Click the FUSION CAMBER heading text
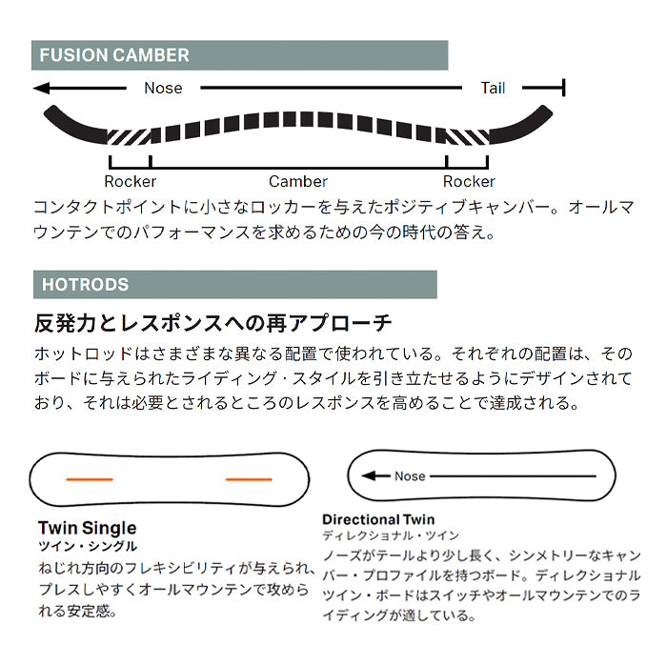click(114, 55)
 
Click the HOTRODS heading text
click(85, 285)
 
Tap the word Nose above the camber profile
click(163, 88)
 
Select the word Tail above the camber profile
click(493, 88)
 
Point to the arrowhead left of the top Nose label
click(42, 88)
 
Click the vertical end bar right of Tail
click(564, 88)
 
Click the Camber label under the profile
click(298, 182)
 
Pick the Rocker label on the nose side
click(131, 182)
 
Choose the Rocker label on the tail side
click(469, 182)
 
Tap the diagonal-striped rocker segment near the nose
click(130, 136)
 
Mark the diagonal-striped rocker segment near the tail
click(468, 136)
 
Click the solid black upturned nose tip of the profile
click(74, 125)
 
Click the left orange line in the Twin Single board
click(90, 479)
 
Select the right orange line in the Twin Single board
click(249, 479)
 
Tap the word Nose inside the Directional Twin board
click(410, 476)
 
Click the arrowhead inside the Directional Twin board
click(369, 475)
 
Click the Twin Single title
click(88, 528)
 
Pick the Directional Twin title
click(378, 519)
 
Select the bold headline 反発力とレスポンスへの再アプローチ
click(212, 323)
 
